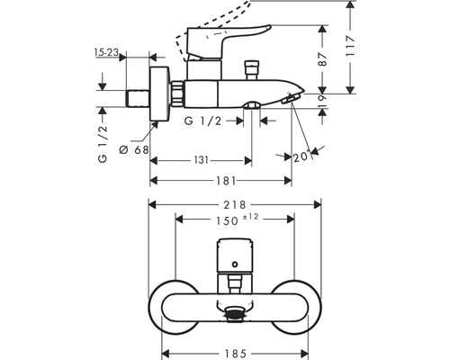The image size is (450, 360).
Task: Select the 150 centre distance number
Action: [x=226, y=220]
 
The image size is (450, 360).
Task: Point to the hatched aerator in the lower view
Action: [x=235, y=314]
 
